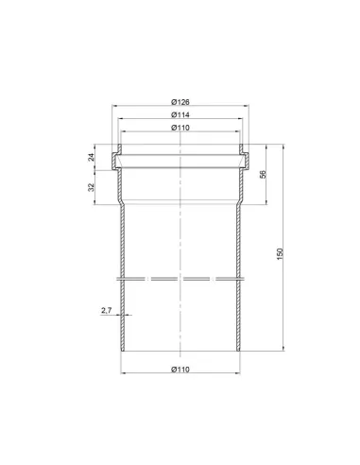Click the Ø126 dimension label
point(180,102)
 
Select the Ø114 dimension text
point(180,115)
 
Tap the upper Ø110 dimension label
point(180,128)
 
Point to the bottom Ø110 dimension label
point(180,370)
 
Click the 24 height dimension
point(91,157)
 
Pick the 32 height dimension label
point(91,187)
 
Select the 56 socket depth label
point(263,174)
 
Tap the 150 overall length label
point(280,254)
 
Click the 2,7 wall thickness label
point(107,310)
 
